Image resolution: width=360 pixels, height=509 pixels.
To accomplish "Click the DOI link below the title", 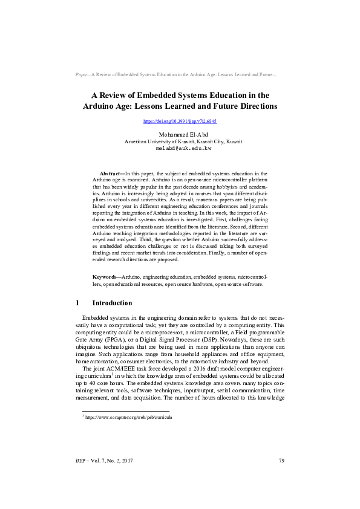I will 179,122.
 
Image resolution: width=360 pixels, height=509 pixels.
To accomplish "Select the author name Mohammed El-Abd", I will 180,134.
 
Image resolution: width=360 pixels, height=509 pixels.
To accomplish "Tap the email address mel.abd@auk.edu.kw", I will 180,148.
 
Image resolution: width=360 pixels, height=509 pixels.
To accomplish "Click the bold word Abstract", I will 111,173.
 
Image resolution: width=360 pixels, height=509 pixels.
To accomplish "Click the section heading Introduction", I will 112,303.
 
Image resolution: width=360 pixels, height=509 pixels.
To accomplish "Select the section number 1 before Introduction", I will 77,303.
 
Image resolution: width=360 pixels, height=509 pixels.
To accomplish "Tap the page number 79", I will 281,478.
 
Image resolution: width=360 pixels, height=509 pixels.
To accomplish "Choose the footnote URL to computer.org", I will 128,417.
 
